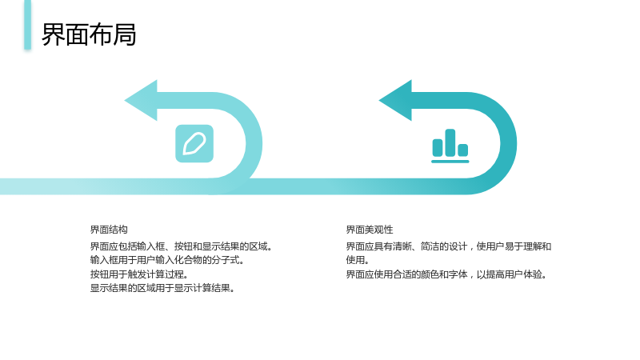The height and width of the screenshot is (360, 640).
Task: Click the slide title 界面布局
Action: pos(89,34)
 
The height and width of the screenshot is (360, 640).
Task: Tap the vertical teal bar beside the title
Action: pos(28,25)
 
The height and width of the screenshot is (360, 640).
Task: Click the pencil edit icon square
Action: pos(194,144)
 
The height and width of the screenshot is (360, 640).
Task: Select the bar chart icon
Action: pos(450,146)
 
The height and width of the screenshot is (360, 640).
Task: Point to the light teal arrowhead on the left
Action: pos(142,101)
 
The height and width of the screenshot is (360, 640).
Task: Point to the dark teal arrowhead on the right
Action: pos(396,101)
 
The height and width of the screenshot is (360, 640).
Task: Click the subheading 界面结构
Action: pos(109,230)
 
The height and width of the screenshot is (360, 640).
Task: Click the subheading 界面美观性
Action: pos(370,230)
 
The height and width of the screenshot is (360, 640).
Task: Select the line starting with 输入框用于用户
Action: pos(167,260)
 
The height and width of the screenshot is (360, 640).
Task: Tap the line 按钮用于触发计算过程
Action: pos(138,274)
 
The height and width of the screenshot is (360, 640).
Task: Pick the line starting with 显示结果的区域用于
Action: pos(162,288)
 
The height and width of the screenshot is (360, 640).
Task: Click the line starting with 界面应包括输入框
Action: pos(181,246)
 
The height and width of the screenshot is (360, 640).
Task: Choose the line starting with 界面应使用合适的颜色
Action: pos(446,274)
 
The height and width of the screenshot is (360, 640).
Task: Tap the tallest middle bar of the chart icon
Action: pos(450,142)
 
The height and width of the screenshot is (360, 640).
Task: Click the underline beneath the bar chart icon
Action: pos(450,162)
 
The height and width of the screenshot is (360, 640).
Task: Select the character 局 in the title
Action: pos(125,34)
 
